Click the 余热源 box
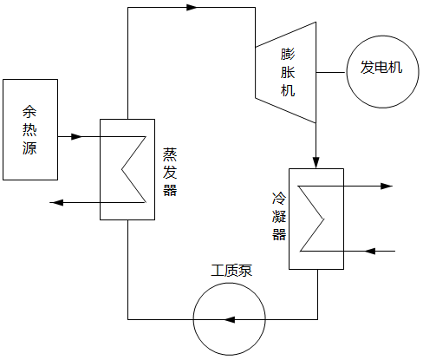[30, 129]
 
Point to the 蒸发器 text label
[169, 172]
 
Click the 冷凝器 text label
[277, 216]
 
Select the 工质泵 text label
[231, 270]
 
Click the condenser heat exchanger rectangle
[316, 218]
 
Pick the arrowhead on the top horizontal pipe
[192, 8]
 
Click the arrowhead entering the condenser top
[316, 162]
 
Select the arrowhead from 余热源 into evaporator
[75, 137]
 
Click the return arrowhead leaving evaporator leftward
[57, 203]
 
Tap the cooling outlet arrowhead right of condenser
[387, 186]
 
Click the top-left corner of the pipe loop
[127, 8]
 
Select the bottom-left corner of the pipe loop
[127, 318]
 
